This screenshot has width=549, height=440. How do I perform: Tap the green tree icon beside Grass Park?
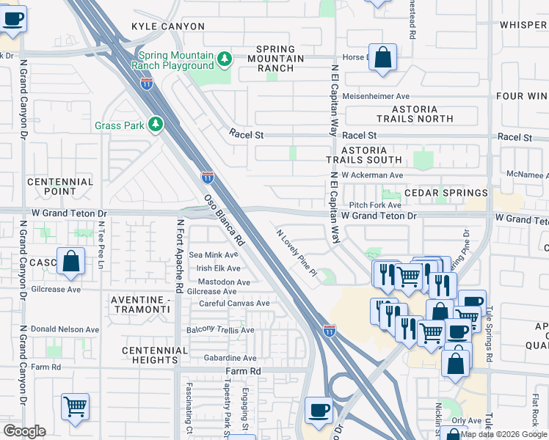click(155, 125)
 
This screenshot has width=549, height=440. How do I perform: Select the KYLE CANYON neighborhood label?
click(167, 26)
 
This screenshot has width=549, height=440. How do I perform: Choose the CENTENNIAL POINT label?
click(60, 186)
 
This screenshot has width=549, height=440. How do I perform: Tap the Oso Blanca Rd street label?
click(223, 220)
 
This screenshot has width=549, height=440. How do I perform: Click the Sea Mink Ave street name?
click(214, 255)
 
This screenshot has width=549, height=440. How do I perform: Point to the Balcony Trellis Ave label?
click(219, 330)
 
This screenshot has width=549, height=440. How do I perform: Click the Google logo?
click(24, 431)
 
